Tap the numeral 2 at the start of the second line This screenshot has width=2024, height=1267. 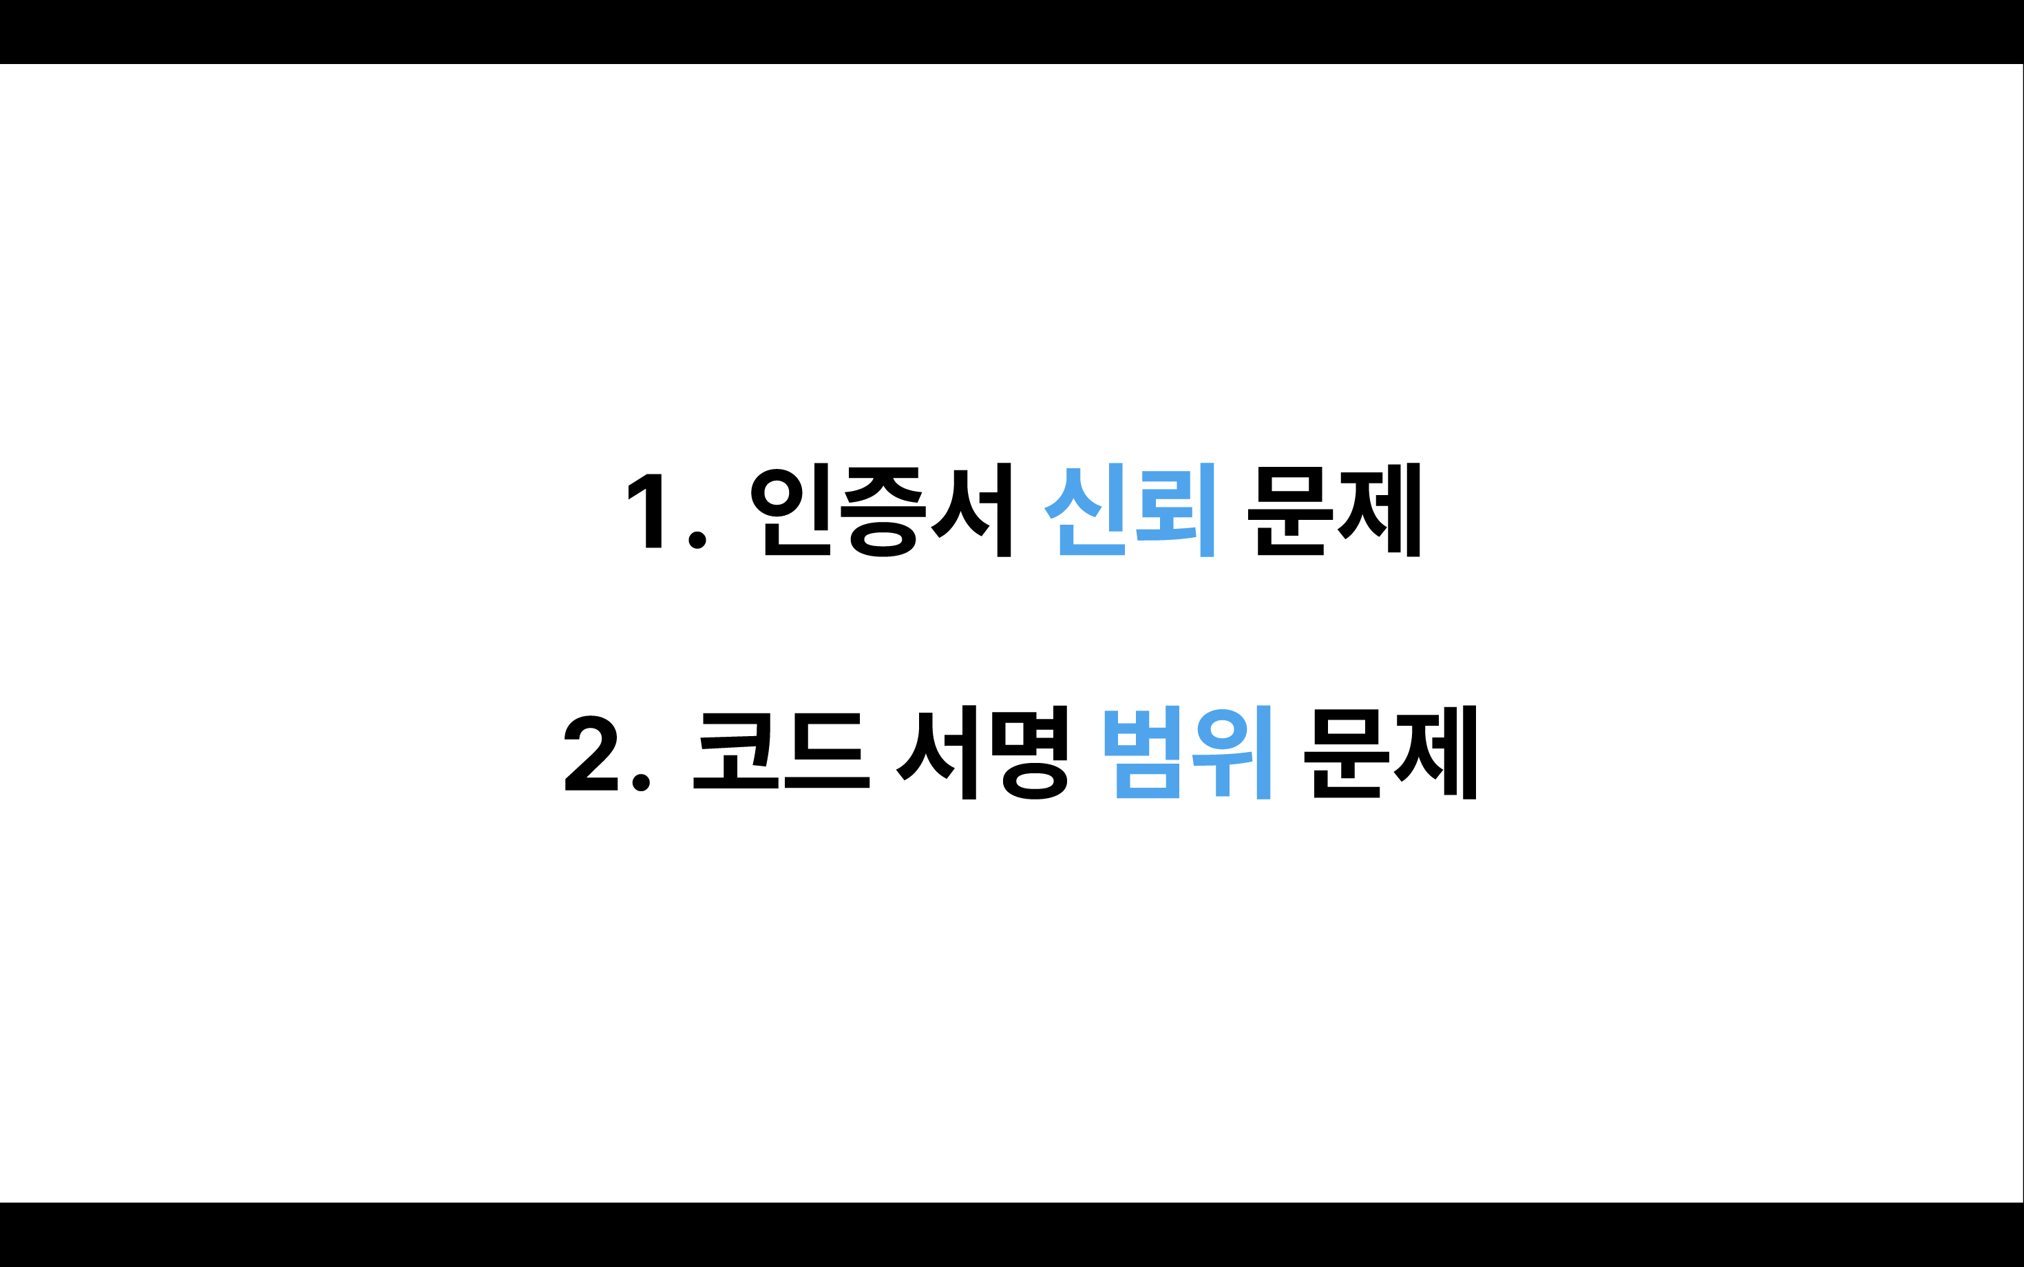pos(591,753)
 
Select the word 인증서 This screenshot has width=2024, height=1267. pos(881,510)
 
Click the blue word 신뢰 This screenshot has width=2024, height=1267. pos(1129,510)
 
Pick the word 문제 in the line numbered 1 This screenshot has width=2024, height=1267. pos(1333,510)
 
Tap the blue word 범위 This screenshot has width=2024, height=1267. pos(1188,753)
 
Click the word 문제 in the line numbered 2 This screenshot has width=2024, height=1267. pos(1390,753)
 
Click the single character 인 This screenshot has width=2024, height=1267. pos(790,510)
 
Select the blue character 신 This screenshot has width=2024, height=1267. pos(1084,510)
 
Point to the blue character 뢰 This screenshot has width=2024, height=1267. pos(1175,510)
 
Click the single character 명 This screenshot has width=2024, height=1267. pos(1030,753)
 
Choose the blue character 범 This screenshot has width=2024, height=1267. pos(1142,753)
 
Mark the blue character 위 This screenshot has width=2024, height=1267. pos(1232,753)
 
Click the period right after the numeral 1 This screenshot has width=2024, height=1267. pos(697,541)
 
